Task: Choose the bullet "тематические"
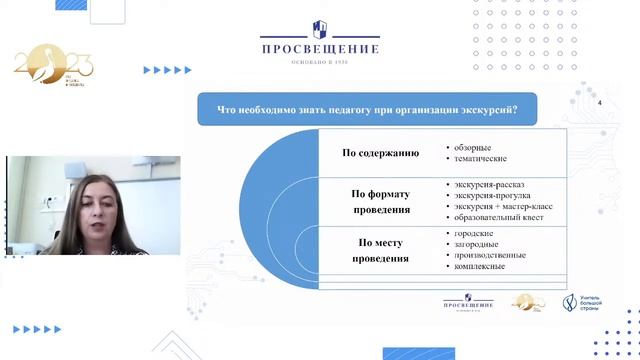pyautogui.click(x=478, y=159)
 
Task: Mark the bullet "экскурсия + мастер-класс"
pyautogui.click(x=499, y=207)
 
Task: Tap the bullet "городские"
pyautogui.click(x=471, y=233)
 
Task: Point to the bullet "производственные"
pyautogui.click(x=488, y=255)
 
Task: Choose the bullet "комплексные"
pyautogui.click(x=478, y=266)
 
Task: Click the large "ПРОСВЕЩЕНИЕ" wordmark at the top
pyautogui.click(x=320, y=48)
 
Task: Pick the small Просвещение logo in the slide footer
pyautogui.click(x=467, y=302)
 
